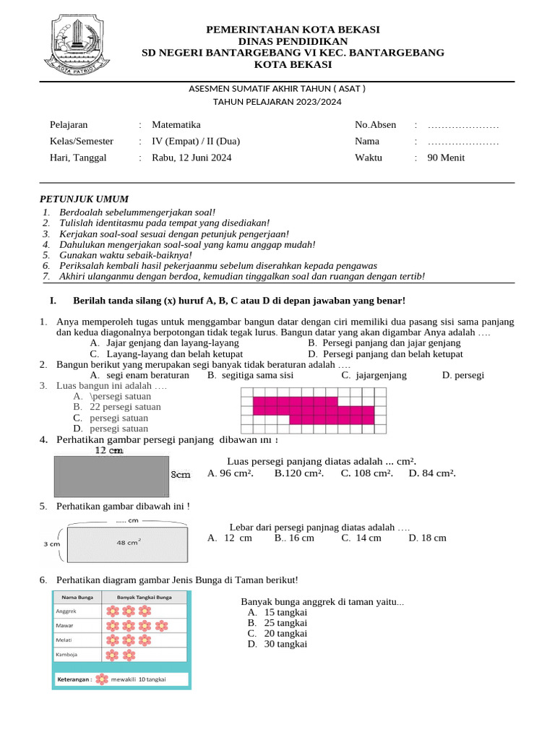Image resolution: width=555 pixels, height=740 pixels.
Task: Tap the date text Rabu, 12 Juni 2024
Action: point(192,158)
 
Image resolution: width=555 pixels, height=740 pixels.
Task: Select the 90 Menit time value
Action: point(446,158)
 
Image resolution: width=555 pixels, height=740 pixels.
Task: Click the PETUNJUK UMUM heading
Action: point(83,199)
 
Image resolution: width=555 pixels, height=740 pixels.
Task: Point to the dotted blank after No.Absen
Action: point(462,126)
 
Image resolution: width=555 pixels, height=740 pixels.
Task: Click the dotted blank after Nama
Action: point(462,142)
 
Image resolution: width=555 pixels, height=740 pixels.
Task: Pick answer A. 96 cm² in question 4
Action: point(230,473)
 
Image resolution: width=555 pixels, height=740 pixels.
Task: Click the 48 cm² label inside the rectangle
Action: point(129,542)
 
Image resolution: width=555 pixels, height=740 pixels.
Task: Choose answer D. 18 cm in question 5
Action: point(427,538)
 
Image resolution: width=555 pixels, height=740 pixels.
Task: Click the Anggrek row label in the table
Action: point(66,611)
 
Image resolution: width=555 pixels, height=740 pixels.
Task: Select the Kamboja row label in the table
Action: point(66,655)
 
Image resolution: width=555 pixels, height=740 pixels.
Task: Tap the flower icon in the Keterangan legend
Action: point(103,680)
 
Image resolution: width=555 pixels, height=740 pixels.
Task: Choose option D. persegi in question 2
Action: point(462,375)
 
